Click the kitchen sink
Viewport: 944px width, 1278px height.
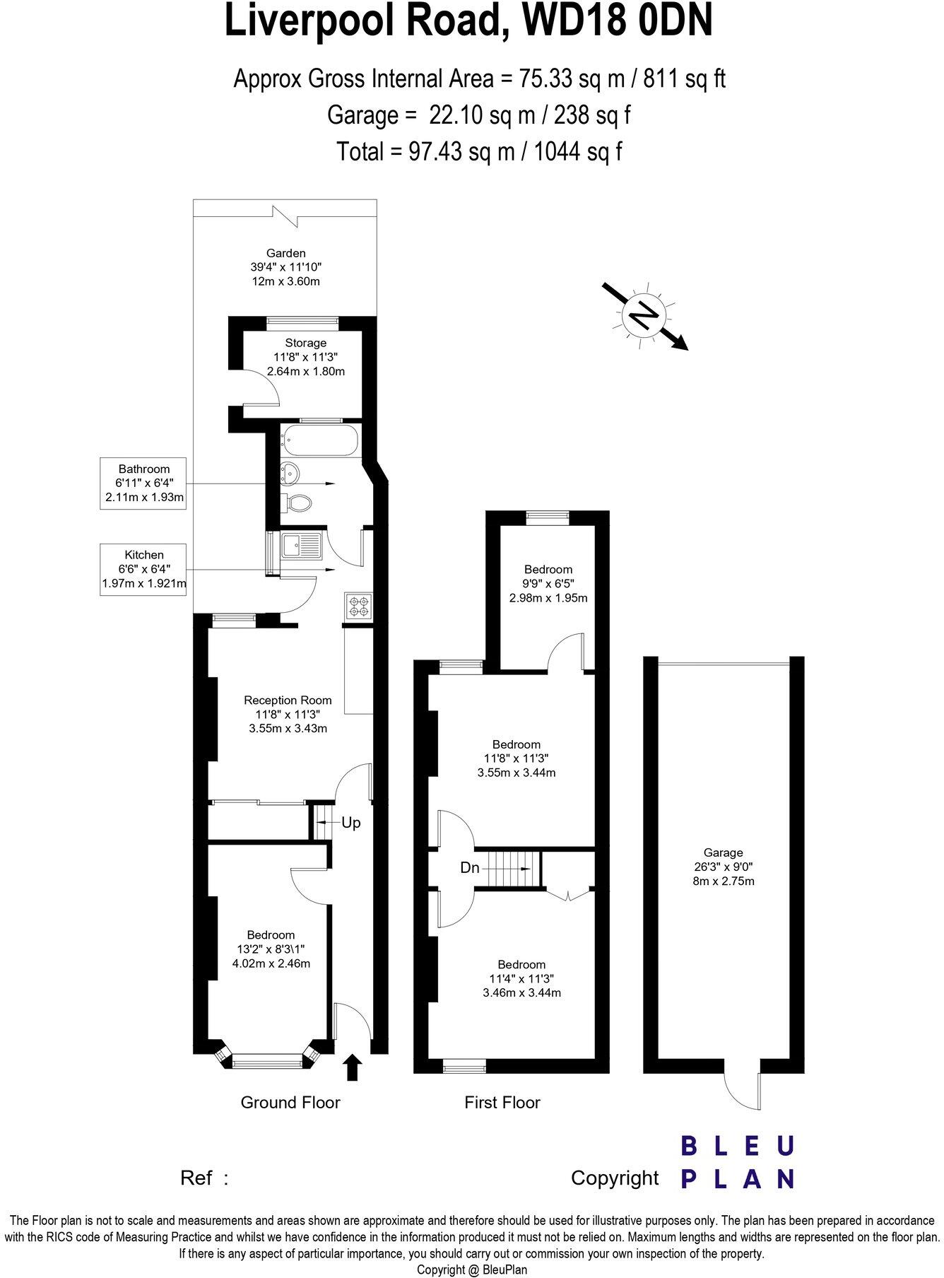[x=301, y=545]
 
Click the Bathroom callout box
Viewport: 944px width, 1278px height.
[x=144, y=483]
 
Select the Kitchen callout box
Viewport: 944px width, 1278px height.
[x=144, y=569]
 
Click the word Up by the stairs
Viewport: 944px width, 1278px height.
[x=350, y=822]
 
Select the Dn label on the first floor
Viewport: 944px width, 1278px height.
[x=470, y=867]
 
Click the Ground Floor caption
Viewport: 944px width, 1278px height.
[x=290, y=1102]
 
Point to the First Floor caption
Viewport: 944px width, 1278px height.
[x=502, y=1102]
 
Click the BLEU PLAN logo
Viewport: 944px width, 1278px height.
[x=737, y=1163]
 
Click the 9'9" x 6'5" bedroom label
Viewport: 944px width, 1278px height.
[x=548, y=583]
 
